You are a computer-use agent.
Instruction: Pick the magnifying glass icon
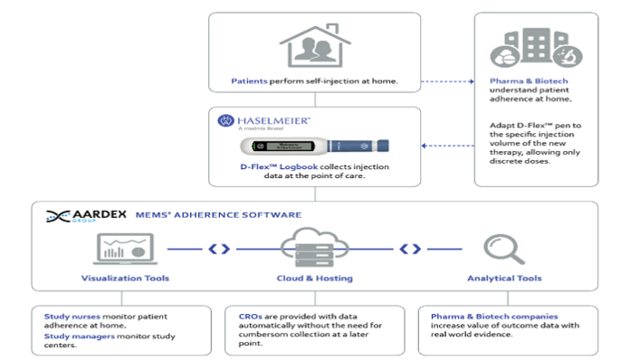tap(499, 248)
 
